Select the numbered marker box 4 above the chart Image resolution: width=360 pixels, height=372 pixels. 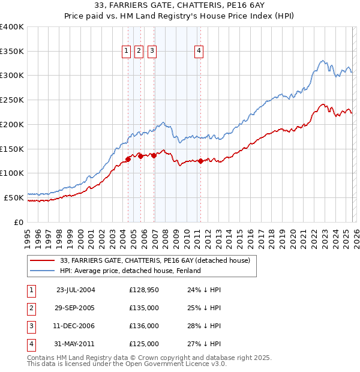(199, 52)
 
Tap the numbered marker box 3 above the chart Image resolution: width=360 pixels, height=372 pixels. (152, 52)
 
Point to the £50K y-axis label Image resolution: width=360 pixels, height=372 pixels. (14, 197)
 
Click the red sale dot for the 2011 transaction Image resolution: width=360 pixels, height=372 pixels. (200, 161)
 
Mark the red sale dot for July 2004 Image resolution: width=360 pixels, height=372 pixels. (128, 159)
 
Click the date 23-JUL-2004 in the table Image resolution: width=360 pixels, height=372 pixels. (76, 290)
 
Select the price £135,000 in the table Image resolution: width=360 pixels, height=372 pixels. (144, 308)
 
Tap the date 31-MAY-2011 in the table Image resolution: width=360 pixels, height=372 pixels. (76, 344)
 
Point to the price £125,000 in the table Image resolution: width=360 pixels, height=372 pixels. (144, 344)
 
